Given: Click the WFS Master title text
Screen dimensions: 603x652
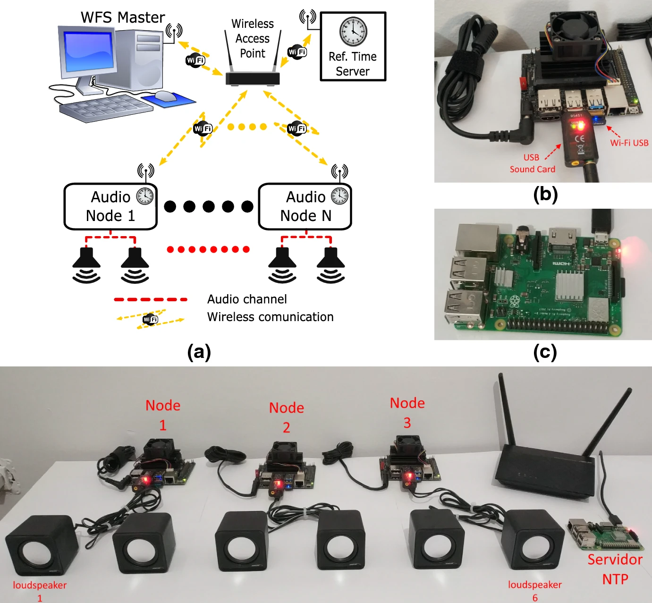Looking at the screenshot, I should pos(123,17).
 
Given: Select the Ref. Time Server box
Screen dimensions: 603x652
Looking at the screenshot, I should pos(353,46).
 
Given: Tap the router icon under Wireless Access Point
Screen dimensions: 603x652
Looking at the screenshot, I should pos(253,78).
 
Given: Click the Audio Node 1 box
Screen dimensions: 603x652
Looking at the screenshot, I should pos(110,206).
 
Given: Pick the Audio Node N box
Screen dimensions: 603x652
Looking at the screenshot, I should pos(305,206).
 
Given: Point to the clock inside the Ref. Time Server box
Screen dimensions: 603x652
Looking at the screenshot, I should pos(353,32).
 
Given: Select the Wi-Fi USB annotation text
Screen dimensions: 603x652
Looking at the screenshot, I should pos(629,143).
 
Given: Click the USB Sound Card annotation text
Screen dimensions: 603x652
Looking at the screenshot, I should pos(532,163).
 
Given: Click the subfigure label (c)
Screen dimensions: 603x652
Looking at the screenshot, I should pos(545,352).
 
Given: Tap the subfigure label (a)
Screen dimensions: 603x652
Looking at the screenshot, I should pos(199,352).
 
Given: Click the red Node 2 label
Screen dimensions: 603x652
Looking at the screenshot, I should pos(287,417).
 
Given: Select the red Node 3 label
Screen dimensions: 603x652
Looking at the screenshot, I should pos(407,413).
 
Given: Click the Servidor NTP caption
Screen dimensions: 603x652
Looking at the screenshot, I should pos(615,569).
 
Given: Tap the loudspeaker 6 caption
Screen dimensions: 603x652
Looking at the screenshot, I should pos(535,591).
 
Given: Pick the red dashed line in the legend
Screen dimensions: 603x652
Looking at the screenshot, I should pos(151,299).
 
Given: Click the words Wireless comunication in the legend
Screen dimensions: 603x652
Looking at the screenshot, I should pos(270,317).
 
